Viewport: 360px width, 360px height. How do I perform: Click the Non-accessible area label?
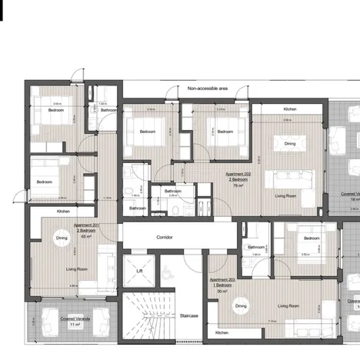[208, 89]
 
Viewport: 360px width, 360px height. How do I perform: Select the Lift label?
[139, 271]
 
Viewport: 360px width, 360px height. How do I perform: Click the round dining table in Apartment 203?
[241, 306]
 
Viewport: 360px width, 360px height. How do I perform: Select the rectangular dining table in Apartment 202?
[290, 143]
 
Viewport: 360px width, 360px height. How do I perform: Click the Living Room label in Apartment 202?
[286, 195]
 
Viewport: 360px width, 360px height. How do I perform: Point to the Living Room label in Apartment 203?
[288, 306]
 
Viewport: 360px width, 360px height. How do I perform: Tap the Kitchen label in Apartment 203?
[222, 332]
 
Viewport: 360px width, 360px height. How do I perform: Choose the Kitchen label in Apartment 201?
[63, 211]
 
